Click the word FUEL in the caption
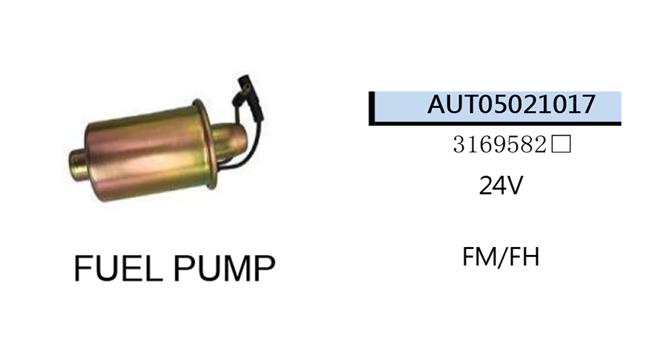coord(118,268)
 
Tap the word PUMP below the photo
coord(224,268)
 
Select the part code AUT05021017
coord(511,104)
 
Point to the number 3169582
coord(500,145)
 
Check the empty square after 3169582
coord(561,144)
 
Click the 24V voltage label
coord(501,185)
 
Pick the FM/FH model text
coord(501,256)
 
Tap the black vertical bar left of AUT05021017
coord(372,108)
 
